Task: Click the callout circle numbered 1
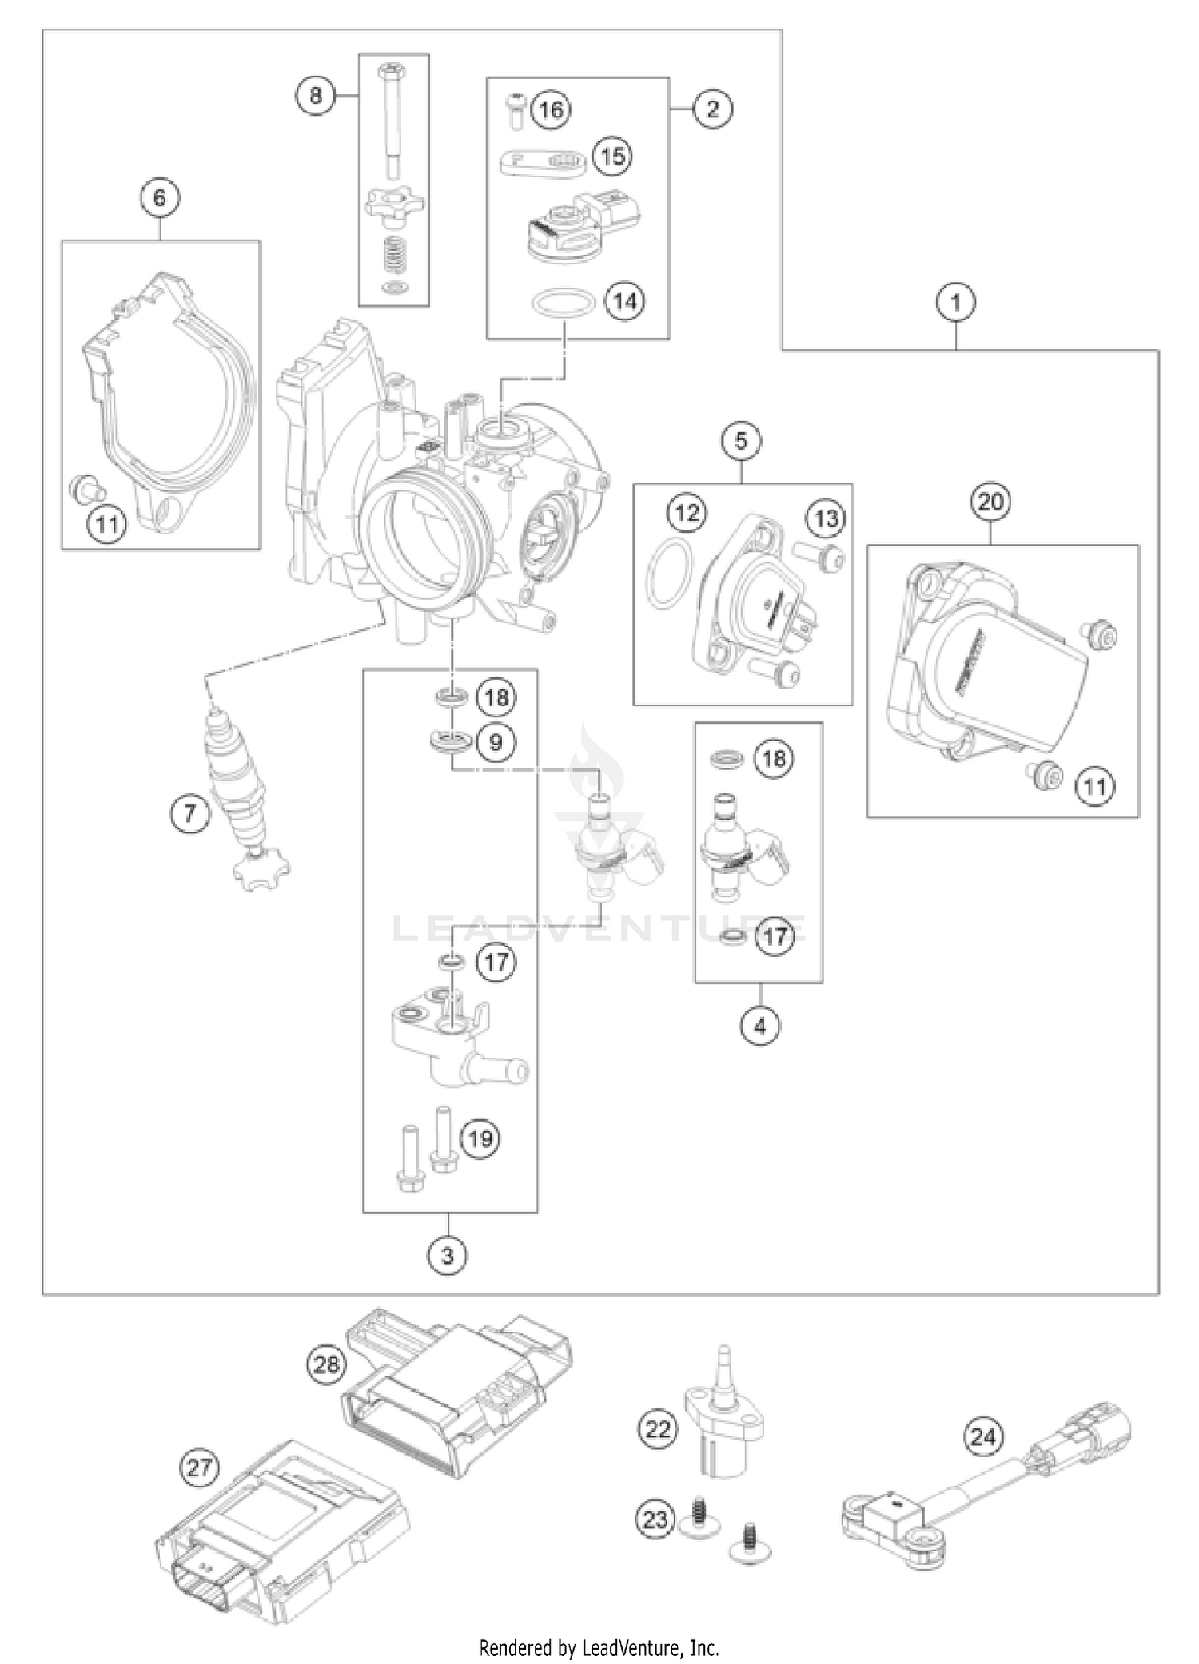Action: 956,303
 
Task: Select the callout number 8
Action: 316,96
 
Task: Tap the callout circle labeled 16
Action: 552,109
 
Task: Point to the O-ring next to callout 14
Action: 564,303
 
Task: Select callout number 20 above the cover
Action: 990,502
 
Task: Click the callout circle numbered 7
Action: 190,814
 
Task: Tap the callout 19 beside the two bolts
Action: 480,1138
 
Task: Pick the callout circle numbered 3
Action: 448,1256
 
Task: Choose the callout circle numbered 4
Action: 759,1025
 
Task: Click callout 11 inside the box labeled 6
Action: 107,525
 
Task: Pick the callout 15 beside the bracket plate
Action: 611,155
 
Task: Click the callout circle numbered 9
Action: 496,742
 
